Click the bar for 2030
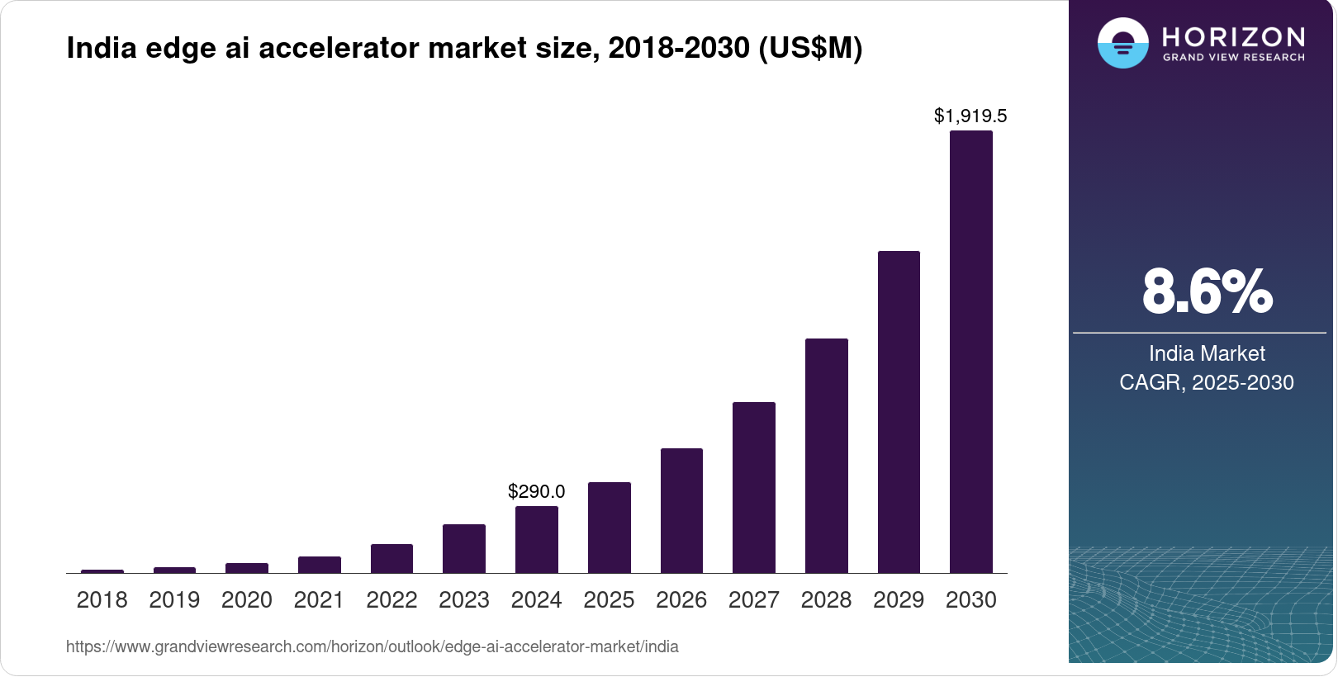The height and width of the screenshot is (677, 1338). [970, 352]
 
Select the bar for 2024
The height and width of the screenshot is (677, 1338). [536, 539]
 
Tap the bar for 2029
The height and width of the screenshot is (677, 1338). [899, 412]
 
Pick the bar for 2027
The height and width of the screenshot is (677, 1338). [753, 487]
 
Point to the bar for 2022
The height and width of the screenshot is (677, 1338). [391, 558]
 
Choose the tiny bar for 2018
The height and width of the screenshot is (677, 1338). [102, 570]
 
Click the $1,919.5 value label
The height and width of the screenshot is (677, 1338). [970, 116]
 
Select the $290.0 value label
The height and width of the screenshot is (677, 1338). [536, 492]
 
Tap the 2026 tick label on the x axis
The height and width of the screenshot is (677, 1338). [681, 599]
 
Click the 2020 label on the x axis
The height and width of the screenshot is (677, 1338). [246, 599]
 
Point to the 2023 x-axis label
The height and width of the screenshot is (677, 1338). [463, 599]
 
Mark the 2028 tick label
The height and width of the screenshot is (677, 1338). [826, 599]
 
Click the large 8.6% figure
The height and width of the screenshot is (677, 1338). [1207, 291]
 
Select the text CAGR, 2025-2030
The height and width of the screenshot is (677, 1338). [1206, 382]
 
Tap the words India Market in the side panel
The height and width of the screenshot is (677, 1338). [1207, 353]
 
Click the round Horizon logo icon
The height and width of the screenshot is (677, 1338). [1122, 43]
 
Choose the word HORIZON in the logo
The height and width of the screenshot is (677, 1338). [1233, 36]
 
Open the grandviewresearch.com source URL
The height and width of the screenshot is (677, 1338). [372, 646]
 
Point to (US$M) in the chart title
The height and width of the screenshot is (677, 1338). [809, 48]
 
